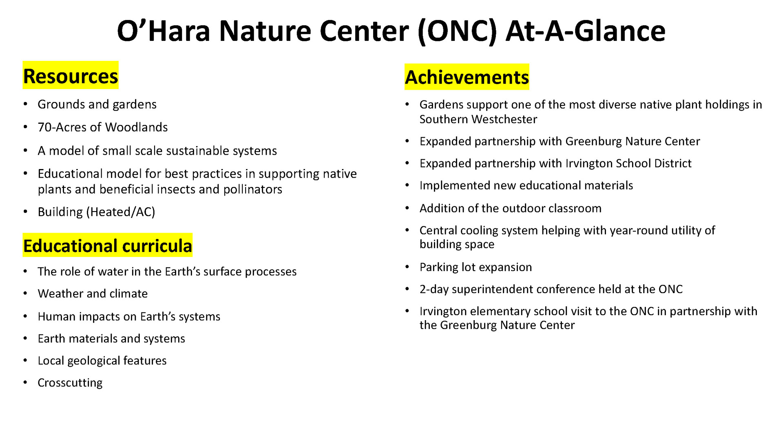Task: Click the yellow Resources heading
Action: click(71, 76)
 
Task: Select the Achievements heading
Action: click(467, 77)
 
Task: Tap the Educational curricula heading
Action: click(108, 245)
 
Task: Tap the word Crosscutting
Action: click(70, 383)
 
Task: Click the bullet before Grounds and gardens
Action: click(26, 104)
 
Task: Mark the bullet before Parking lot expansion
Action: click(407, 267)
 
